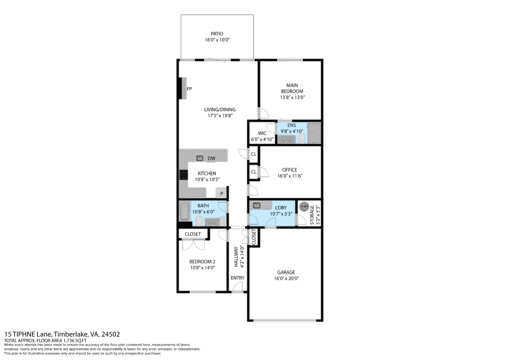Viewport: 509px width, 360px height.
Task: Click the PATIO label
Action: [x=217, y=34]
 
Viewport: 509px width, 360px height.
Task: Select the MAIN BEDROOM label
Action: [x=292, y=88]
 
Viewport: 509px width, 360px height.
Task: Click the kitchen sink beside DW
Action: [x=200, y=158]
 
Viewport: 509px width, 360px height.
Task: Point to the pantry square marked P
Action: [x=222, y=193]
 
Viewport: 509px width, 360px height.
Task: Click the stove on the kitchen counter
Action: [x=182, y=175]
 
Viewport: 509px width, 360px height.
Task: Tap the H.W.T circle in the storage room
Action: [x=304, y=207]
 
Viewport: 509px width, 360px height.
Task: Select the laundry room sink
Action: [x=256, y=205]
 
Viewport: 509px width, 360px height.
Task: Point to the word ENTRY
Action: [x=238, y=277]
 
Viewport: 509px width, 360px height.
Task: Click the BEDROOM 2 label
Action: [x=202, y=262]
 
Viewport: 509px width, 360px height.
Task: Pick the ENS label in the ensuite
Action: [x=292, y=125]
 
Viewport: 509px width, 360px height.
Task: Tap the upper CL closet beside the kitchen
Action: [x=254, y=154]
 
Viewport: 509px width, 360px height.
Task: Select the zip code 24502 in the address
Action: [x=111, y=334]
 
